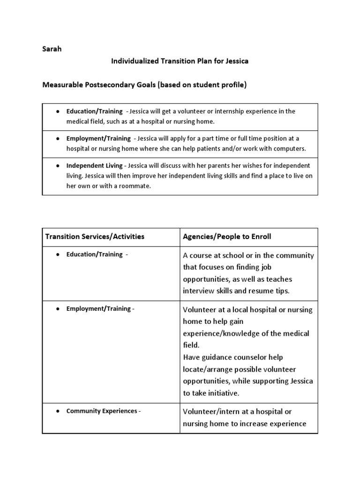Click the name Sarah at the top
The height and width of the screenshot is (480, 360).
coord(52,49)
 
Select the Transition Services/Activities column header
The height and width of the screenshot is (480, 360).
coord(95,236)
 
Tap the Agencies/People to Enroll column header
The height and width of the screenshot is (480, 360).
coord(226,236)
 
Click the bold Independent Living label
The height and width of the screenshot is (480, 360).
coord(94,165)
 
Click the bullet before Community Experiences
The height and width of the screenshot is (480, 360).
coord(57,411)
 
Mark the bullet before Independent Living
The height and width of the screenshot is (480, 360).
coord(57,165)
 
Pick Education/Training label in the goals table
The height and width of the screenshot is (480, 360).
coord(94,112)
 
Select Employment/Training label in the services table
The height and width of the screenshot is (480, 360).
coord(98,309)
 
